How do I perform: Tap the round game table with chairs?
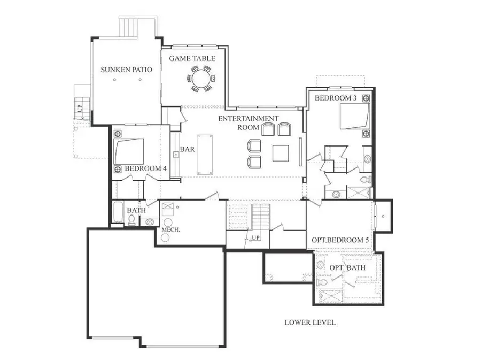[201, 79]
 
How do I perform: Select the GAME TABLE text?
[192, 58]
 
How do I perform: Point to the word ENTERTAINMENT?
[248, 118]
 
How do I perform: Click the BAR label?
[187, 149]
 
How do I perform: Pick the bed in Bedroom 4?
[129, 151]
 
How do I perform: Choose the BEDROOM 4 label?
[145, 169]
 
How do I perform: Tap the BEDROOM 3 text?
[335, 98]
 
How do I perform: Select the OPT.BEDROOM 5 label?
[340, 240]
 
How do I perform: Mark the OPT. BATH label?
[344, 267]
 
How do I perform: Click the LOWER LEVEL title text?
[310, 322]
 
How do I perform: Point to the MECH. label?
[170, 230]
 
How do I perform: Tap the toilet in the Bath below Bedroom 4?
[131, 220]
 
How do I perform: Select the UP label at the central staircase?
[256, 237]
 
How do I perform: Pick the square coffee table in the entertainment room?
[281, 153]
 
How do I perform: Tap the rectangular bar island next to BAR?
[205, 154]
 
